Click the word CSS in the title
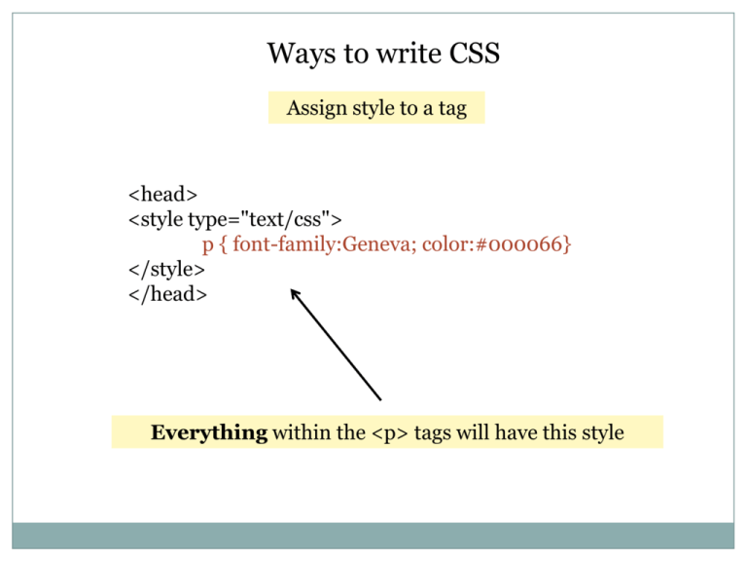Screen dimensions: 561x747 (475, 54)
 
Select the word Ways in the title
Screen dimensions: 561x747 (298, 54)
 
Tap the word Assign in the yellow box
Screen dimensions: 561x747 (315, 108)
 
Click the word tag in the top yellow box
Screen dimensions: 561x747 (452, 109)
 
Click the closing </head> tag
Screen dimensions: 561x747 (167, 294)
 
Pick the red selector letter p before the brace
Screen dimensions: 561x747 (207, 245)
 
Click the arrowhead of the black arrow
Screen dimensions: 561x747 (295, 291)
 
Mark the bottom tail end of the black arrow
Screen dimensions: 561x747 (380, 398)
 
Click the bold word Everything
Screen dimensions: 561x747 (208, 432)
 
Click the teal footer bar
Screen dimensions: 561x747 (373, 535)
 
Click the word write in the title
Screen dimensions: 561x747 (391, 54)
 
